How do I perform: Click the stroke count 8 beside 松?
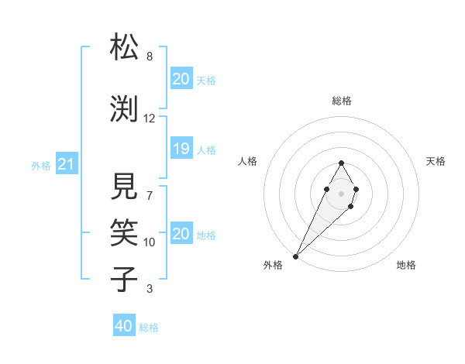(150, 57)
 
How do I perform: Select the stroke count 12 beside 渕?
(150, 118)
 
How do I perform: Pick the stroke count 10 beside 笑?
(150, 242)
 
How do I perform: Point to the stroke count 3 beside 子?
(150, 289)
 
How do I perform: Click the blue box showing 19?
(181, 149)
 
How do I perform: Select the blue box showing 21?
(66, 163)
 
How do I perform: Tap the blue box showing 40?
(123, 326)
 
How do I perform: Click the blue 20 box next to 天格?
(181, 79)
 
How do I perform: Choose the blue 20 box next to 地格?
(181, 234)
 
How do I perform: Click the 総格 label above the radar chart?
(342, 101)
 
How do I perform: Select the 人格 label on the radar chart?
(247, 161)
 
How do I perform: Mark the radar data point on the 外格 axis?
(295, 256)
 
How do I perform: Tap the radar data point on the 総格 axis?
(341, 163)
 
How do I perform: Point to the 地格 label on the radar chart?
(406, 265)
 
